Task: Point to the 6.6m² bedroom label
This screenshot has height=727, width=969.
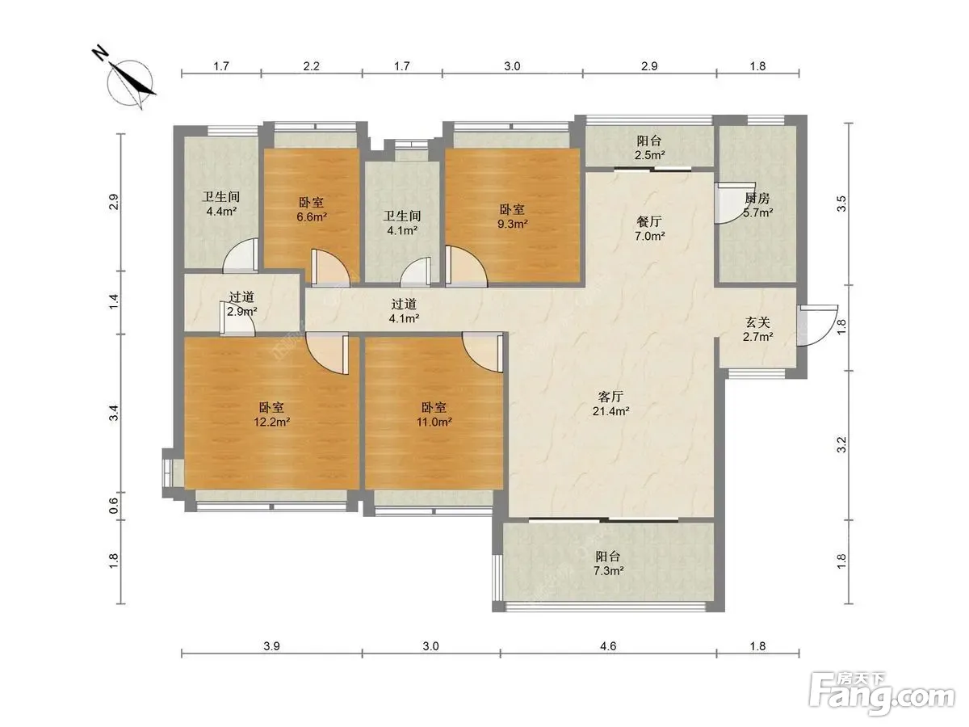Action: point(312,210)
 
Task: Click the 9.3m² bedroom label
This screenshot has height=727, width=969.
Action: point(512,216)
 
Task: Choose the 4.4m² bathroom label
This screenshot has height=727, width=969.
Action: point(221,204)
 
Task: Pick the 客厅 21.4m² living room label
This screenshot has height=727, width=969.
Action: point(611,403)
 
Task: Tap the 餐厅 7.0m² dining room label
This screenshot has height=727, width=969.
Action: point(649,229)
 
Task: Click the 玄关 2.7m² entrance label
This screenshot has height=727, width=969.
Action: point(757,330)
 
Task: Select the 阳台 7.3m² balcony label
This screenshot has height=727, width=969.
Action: point(608,563)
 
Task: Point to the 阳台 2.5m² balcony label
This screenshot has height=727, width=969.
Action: point(649,148)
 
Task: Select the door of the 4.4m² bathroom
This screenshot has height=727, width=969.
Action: point(241,255)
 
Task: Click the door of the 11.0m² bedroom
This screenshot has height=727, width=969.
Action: point(483,353)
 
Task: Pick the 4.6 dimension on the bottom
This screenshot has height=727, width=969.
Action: point(608,646)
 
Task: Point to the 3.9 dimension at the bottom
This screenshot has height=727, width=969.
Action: point(271,646)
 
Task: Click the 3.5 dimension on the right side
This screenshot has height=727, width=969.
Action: point(841,204)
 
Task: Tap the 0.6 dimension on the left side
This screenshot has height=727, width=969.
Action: point(114,506)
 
